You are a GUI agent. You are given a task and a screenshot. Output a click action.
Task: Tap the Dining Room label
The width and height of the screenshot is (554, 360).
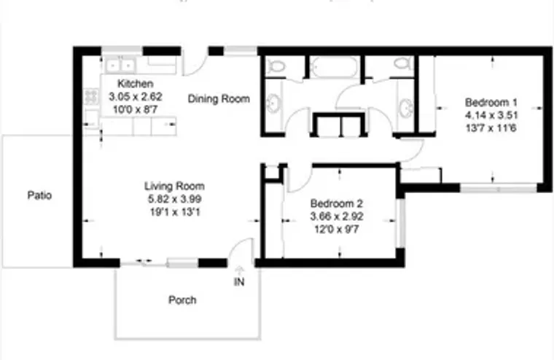coord(219,99)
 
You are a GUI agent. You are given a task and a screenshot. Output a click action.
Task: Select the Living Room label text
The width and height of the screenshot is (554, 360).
coord(173,186)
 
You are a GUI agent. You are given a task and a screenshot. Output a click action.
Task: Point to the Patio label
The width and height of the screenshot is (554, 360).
coord(39,195)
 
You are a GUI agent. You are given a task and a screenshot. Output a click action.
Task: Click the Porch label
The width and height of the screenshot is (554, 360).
coord(182,300)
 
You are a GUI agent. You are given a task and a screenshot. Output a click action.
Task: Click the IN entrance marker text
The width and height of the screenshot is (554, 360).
coord(239,282)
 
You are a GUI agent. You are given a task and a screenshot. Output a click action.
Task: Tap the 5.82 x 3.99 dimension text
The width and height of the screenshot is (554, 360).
coord(173,199)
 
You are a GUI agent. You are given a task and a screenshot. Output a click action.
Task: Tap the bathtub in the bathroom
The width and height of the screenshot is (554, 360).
coord(334,69)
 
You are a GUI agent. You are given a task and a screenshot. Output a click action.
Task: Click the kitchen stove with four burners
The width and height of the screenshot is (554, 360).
coord(92,95)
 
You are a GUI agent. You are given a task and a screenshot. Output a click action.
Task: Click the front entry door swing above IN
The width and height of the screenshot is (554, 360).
coord(239,254)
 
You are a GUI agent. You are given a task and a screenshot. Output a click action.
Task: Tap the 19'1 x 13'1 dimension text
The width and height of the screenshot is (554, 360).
coord(173,211)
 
